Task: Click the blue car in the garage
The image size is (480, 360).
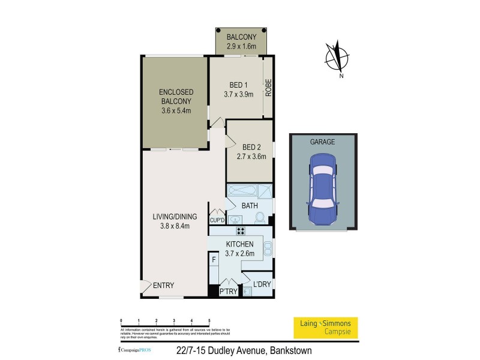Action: click(x=322, y=188)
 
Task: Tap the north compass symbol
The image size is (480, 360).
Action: click(x=337, y=58)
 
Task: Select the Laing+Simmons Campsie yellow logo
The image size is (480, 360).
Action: click(x=325, y=327)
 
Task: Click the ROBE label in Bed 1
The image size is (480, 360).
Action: click(x=269, y=89)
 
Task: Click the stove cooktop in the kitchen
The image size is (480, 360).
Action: click(x=240, y=231)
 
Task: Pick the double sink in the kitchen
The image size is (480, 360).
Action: click(x=268, y=247)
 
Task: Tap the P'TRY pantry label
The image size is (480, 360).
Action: click(x=229, y=291)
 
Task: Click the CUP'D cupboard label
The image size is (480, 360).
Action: click(x=217, y=220)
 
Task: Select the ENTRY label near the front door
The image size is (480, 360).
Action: click(x=163, y=286)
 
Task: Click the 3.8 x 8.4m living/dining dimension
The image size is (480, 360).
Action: click(x=175, y=226)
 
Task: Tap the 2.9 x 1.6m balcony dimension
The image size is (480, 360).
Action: click(x=241, y=46)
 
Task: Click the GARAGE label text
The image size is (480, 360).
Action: click(x=322, y=142)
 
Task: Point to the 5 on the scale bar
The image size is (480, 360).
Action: click(x=209, y=322)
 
